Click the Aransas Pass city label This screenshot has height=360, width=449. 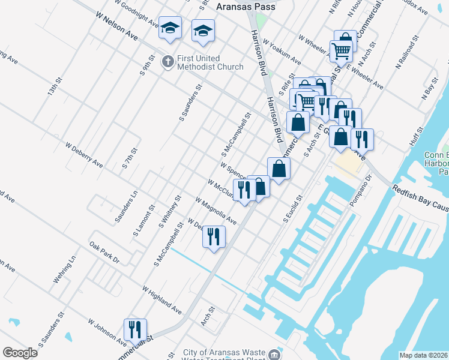tap(245, 6)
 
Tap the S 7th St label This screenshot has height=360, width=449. tap(130, 158)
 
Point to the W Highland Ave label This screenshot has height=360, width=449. tap(162, 299)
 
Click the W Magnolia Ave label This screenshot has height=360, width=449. tap(215, 210)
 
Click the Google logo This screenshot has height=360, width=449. tap(20, 353)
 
